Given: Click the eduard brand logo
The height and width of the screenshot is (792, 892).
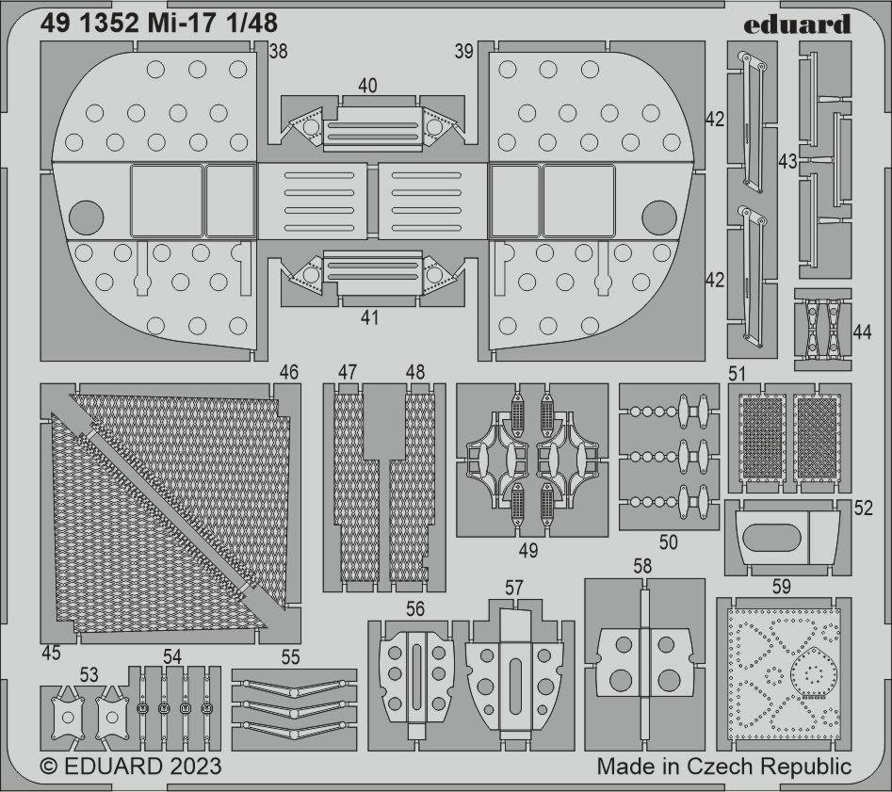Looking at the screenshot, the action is [797, 24].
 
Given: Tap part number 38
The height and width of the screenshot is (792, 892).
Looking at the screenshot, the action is [278, 51].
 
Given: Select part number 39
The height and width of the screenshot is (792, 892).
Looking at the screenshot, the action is [464, 51].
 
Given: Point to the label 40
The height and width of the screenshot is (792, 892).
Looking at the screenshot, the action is [367, 86].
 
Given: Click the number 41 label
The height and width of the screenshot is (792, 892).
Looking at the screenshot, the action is [369, 317].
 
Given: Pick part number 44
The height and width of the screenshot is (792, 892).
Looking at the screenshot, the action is [863, 331].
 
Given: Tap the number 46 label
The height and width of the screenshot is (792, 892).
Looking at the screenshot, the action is [289, 372].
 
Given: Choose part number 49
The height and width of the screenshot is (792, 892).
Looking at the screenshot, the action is [527, 550].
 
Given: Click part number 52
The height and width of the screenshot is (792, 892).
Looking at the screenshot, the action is [863, 509].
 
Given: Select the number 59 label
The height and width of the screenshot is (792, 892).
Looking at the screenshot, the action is [781, 587].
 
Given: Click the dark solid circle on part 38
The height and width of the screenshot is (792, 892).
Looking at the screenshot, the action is [87, 218].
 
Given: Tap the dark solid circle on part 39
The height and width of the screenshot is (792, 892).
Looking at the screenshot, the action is [658, 218].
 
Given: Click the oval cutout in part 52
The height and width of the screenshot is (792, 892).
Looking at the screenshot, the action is [772, 537].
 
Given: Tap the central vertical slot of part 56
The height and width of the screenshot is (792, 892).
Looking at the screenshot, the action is [416, 678].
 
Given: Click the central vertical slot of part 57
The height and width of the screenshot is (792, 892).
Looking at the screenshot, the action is [515, 687].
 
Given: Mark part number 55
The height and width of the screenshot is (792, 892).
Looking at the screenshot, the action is [290, 657].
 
